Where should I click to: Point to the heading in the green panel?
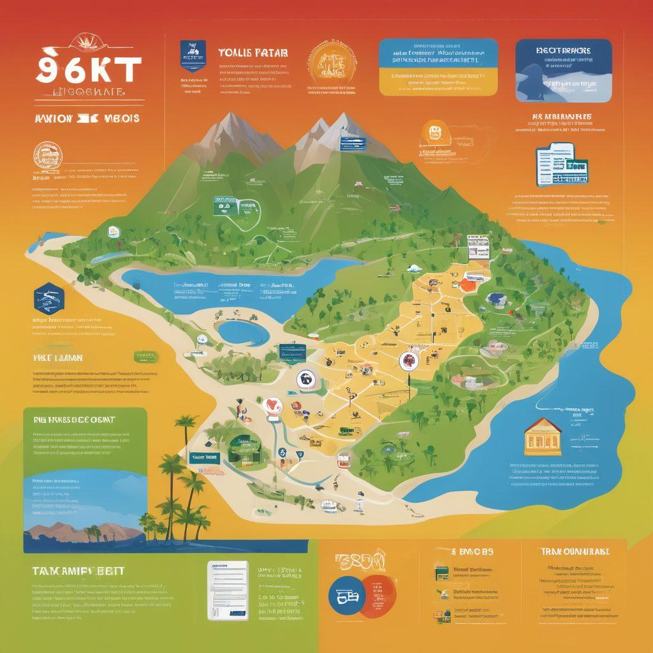(73, 420)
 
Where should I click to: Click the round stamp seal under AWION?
(47, 155)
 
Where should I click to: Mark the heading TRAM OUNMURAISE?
(574, 551)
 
